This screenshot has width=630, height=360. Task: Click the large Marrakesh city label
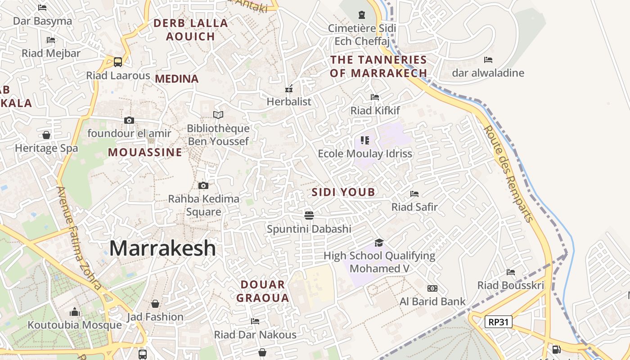pos(162,248)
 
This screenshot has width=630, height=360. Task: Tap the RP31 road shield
pos(499,321)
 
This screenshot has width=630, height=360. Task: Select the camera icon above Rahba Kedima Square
pos(203,185)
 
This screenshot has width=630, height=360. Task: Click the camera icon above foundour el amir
pos(129,120)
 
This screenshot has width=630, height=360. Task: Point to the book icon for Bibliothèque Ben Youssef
pos(218,115)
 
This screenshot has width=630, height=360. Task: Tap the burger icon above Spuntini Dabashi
pos(309,215)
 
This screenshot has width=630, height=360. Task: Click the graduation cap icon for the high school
pos(379,243)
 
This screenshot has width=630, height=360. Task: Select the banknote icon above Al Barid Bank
pos(432,288)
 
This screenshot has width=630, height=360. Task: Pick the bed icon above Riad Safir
pos(414,194)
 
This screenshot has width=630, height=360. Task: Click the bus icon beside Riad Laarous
pos(118,62)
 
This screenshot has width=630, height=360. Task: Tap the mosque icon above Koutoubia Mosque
pos(75,312)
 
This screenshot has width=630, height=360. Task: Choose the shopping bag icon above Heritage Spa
pos(46,135)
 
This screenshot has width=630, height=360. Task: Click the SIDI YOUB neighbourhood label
pos(343,193)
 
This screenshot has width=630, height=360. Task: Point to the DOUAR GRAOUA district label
pos(263,291)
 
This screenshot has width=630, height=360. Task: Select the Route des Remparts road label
pos(508,173)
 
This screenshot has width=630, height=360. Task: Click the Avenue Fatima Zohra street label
pos(79,238)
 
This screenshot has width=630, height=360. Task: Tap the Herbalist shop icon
pos(289,88)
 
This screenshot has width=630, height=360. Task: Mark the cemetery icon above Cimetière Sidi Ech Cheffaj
pos(361,15)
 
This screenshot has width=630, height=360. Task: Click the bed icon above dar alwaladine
pos(488,59)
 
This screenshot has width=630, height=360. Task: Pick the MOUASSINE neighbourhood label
pos(145,153)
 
